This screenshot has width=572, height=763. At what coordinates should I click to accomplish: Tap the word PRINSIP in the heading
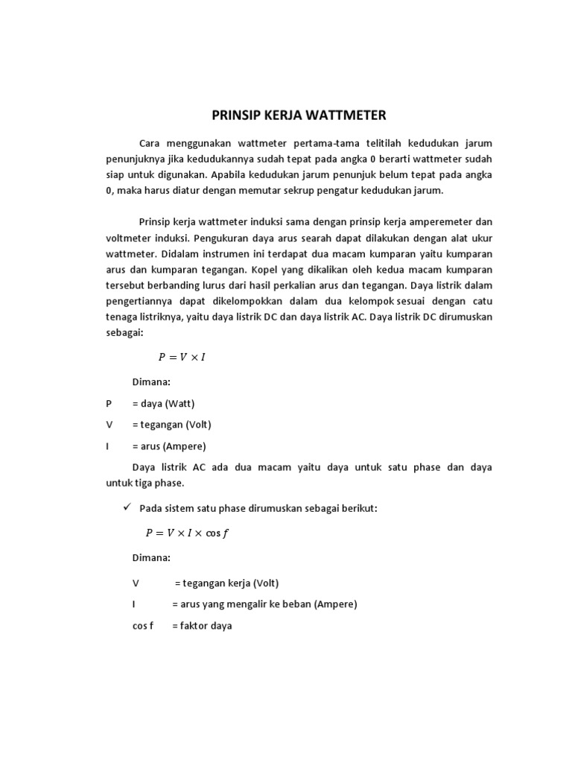tap(234, 115)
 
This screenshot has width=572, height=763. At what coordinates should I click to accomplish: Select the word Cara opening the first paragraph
tap(150, 142)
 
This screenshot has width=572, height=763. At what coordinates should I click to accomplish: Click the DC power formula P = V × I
tap(181, 357)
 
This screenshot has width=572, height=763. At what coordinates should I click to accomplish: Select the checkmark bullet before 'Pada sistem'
tap(127, 507)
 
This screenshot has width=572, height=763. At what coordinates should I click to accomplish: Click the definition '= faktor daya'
tap(202, 626)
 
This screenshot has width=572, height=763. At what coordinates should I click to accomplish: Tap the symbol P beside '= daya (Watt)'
tap(109, 403)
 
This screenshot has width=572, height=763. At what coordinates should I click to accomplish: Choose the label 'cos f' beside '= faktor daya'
tap(142, 626)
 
